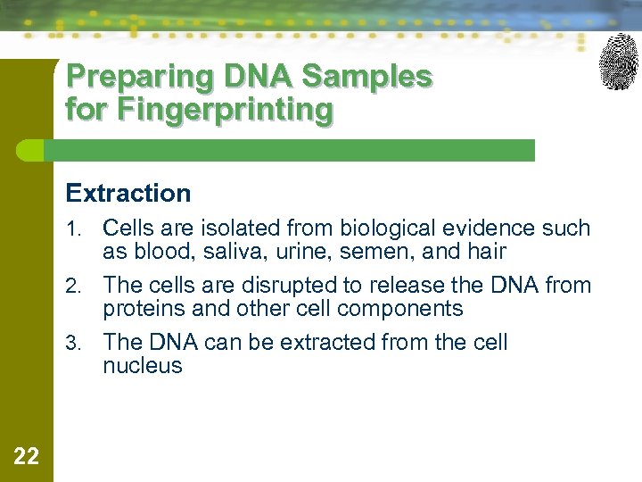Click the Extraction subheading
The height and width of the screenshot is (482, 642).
click(x=128, y=193)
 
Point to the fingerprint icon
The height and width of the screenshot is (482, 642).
click(x=618, y=61)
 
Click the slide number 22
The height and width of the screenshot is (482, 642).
click(x=27, y=457)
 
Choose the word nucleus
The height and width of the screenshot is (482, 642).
click(x=143, y=366)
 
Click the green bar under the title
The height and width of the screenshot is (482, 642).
click(x=294, y=150)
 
